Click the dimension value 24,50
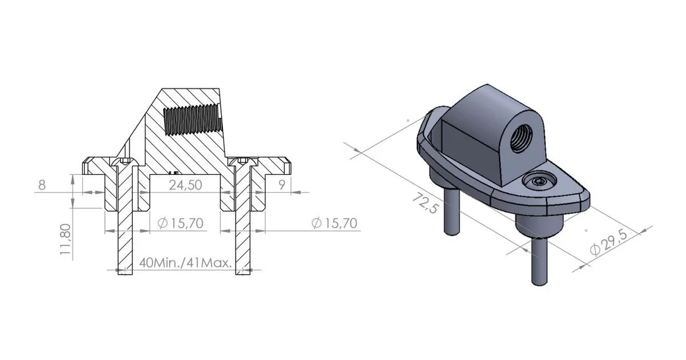(x=186, y=184)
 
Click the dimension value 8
(x=42, y=185)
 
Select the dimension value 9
(x=282, y=184)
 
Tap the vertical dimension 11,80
(x=65, y=239)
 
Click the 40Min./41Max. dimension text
(x=185, y=263)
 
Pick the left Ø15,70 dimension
(x=180, y=223)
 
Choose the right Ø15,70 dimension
(x=334, y=223)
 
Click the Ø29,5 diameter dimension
(x=608, y=242)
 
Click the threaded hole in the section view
(x=193, y=120)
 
